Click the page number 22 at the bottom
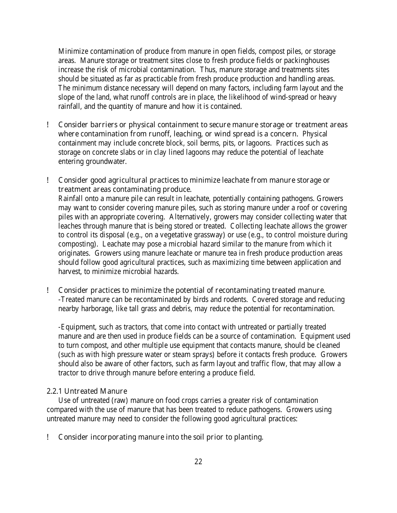198,461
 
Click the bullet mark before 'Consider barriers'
48,125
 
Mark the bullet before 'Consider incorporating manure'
48,437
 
